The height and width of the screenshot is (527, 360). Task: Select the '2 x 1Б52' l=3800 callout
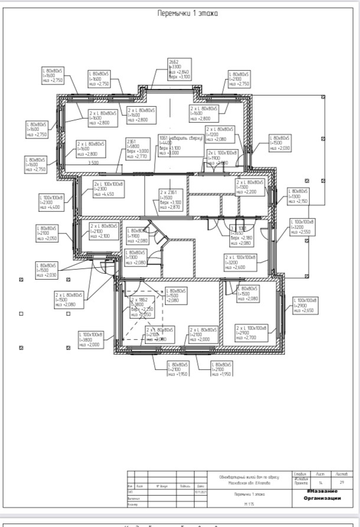(142, 307)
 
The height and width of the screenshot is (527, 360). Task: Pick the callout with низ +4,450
(107, 189)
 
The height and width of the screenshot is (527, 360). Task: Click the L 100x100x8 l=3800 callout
(91, 340)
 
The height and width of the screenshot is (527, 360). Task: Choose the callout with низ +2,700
(252, 332)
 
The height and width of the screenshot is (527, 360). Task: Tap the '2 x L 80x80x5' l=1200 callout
(220, 134)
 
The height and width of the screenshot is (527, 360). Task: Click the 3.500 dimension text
(93, 162)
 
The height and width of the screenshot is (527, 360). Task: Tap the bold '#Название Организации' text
(322, 495)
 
